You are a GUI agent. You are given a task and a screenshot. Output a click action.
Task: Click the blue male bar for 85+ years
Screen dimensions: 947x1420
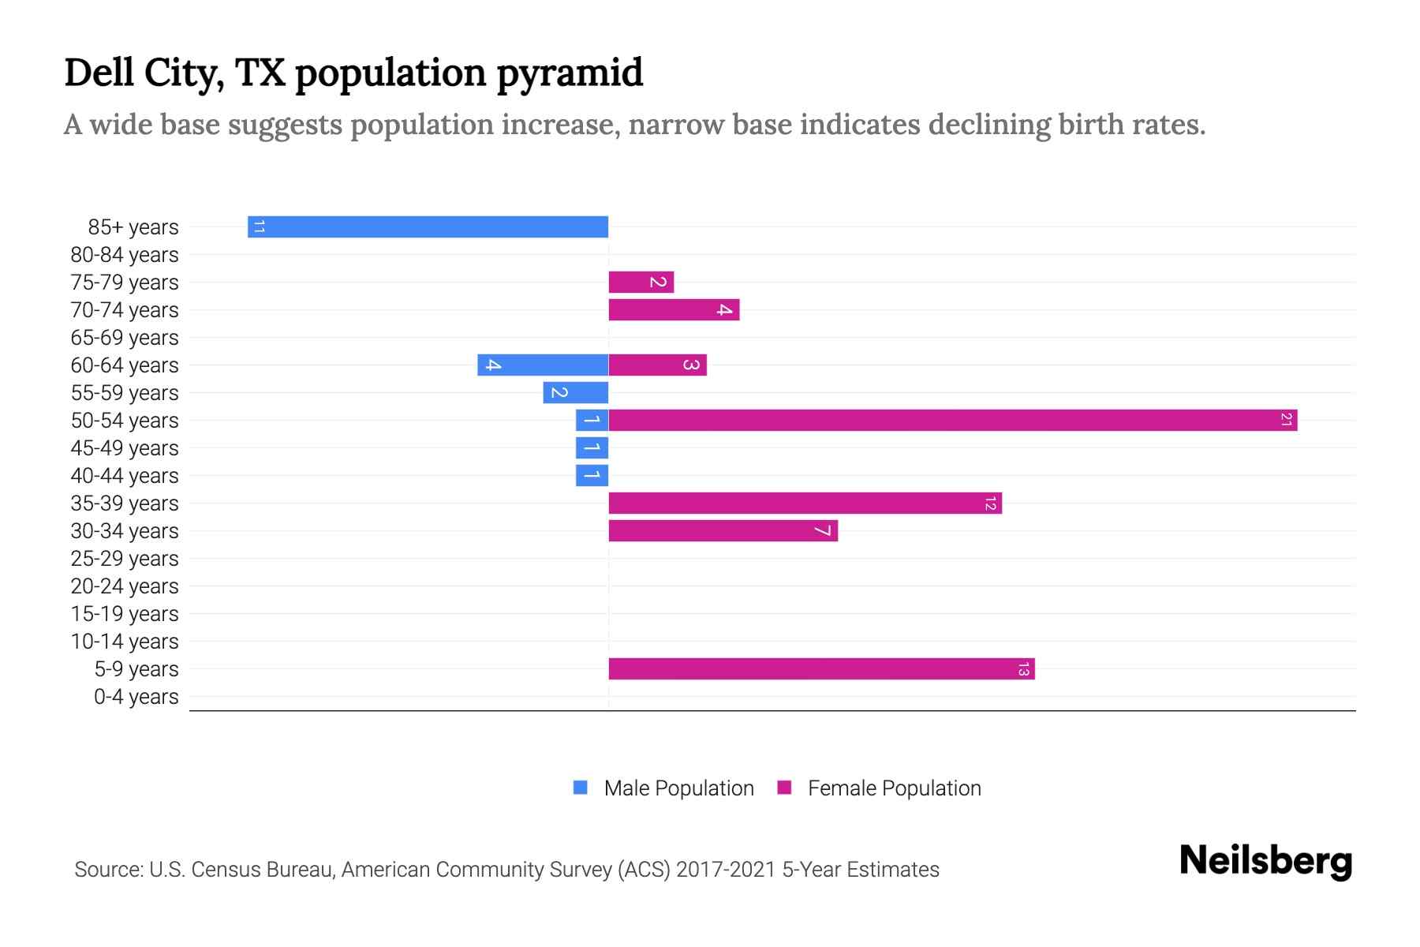(428, 226)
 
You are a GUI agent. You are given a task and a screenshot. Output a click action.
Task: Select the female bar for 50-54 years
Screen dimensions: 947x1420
(952, 420)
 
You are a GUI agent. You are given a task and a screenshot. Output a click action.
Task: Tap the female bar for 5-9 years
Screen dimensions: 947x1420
(821, 668)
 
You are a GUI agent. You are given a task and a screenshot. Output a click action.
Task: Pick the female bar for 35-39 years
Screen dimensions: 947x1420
(805, 503)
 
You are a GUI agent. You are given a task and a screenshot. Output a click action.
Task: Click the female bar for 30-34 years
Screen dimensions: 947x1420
(723, 530)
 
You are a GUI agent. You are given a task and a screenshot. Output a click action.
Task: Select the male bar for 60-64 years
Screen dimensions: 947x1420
(543, 365)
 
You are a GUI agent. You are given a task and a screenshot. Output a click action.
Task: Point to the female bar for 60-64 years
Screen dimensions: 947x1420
(657, 365)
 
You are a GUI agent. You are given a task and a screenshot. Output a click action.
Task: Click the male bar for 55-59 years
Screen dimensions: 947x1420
(576, 392)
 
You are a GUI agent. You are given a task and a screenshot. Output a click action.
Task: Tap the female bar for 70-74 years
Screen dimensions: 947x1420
(674, 309)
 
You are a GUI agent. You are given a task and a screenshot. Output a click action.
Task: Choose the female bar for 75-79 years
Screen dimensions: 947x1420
(641, 282)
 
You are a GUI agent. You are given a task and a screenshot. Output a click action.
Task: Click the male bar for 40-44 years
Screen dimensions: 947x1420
(592, 475)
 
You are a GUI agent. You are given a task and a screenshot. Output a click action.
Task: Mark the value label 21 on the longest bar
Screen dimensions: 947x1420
(1286, 420)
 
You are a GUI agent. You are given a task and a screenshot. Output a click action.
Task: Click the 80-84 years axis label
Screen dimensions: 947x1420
(125, 255)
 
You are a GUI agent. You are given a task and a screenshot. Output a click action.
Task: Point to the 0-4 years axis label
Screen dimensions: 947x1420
(136, 697)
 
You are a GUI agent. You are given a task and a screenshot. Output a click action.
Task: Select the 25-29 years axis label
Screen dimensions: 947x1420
(125, 559)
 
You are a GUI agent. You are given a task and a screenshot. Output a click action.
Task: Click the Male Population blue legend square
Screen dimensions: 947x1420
(581, 788)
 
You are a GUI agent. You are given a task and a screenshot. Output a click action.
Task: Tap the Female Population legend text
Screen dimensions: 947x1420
(894, 788)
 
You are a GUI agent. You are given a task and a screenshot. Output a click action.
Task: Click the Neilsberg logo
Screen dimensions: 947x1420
(1265, 861)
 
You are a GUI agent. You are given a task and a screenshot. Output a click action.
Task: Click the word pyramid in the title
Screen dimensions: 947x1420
(570, 73)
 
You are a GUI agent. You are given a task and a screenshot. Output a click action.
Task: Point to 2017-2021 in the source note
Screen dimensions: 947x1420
(725, 870)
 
